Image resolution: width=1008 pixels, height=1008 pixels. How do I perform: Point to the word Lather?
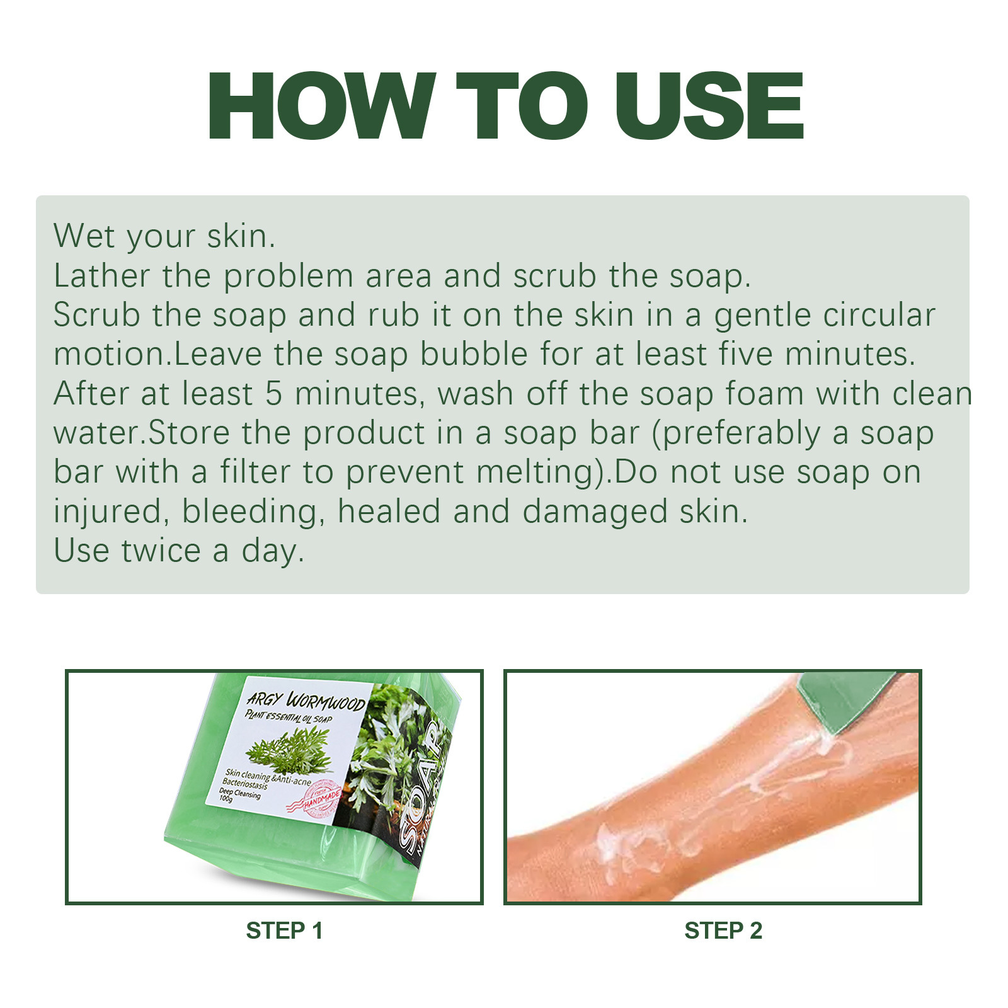pyautogui.click(x=101, y=276)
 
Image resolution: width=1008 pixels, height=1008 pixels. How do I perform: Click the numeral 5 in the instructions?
pyautogui.click(x=273, y=394)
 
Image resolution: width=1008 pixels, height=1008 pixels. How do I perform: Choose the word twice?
pyautogui.click(x=161, y=551)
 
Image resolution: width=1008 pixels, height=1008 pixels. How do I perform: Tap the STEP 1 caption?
pyautogui.click(x=284, y=931)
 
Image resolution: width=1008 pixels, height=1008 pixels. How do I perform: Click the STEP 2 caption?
pyautogui.click(x=723, y=931)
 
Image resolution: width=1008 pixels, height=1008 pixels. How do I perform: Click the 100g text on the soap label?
pyautogui.click(x=226, y=799)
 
